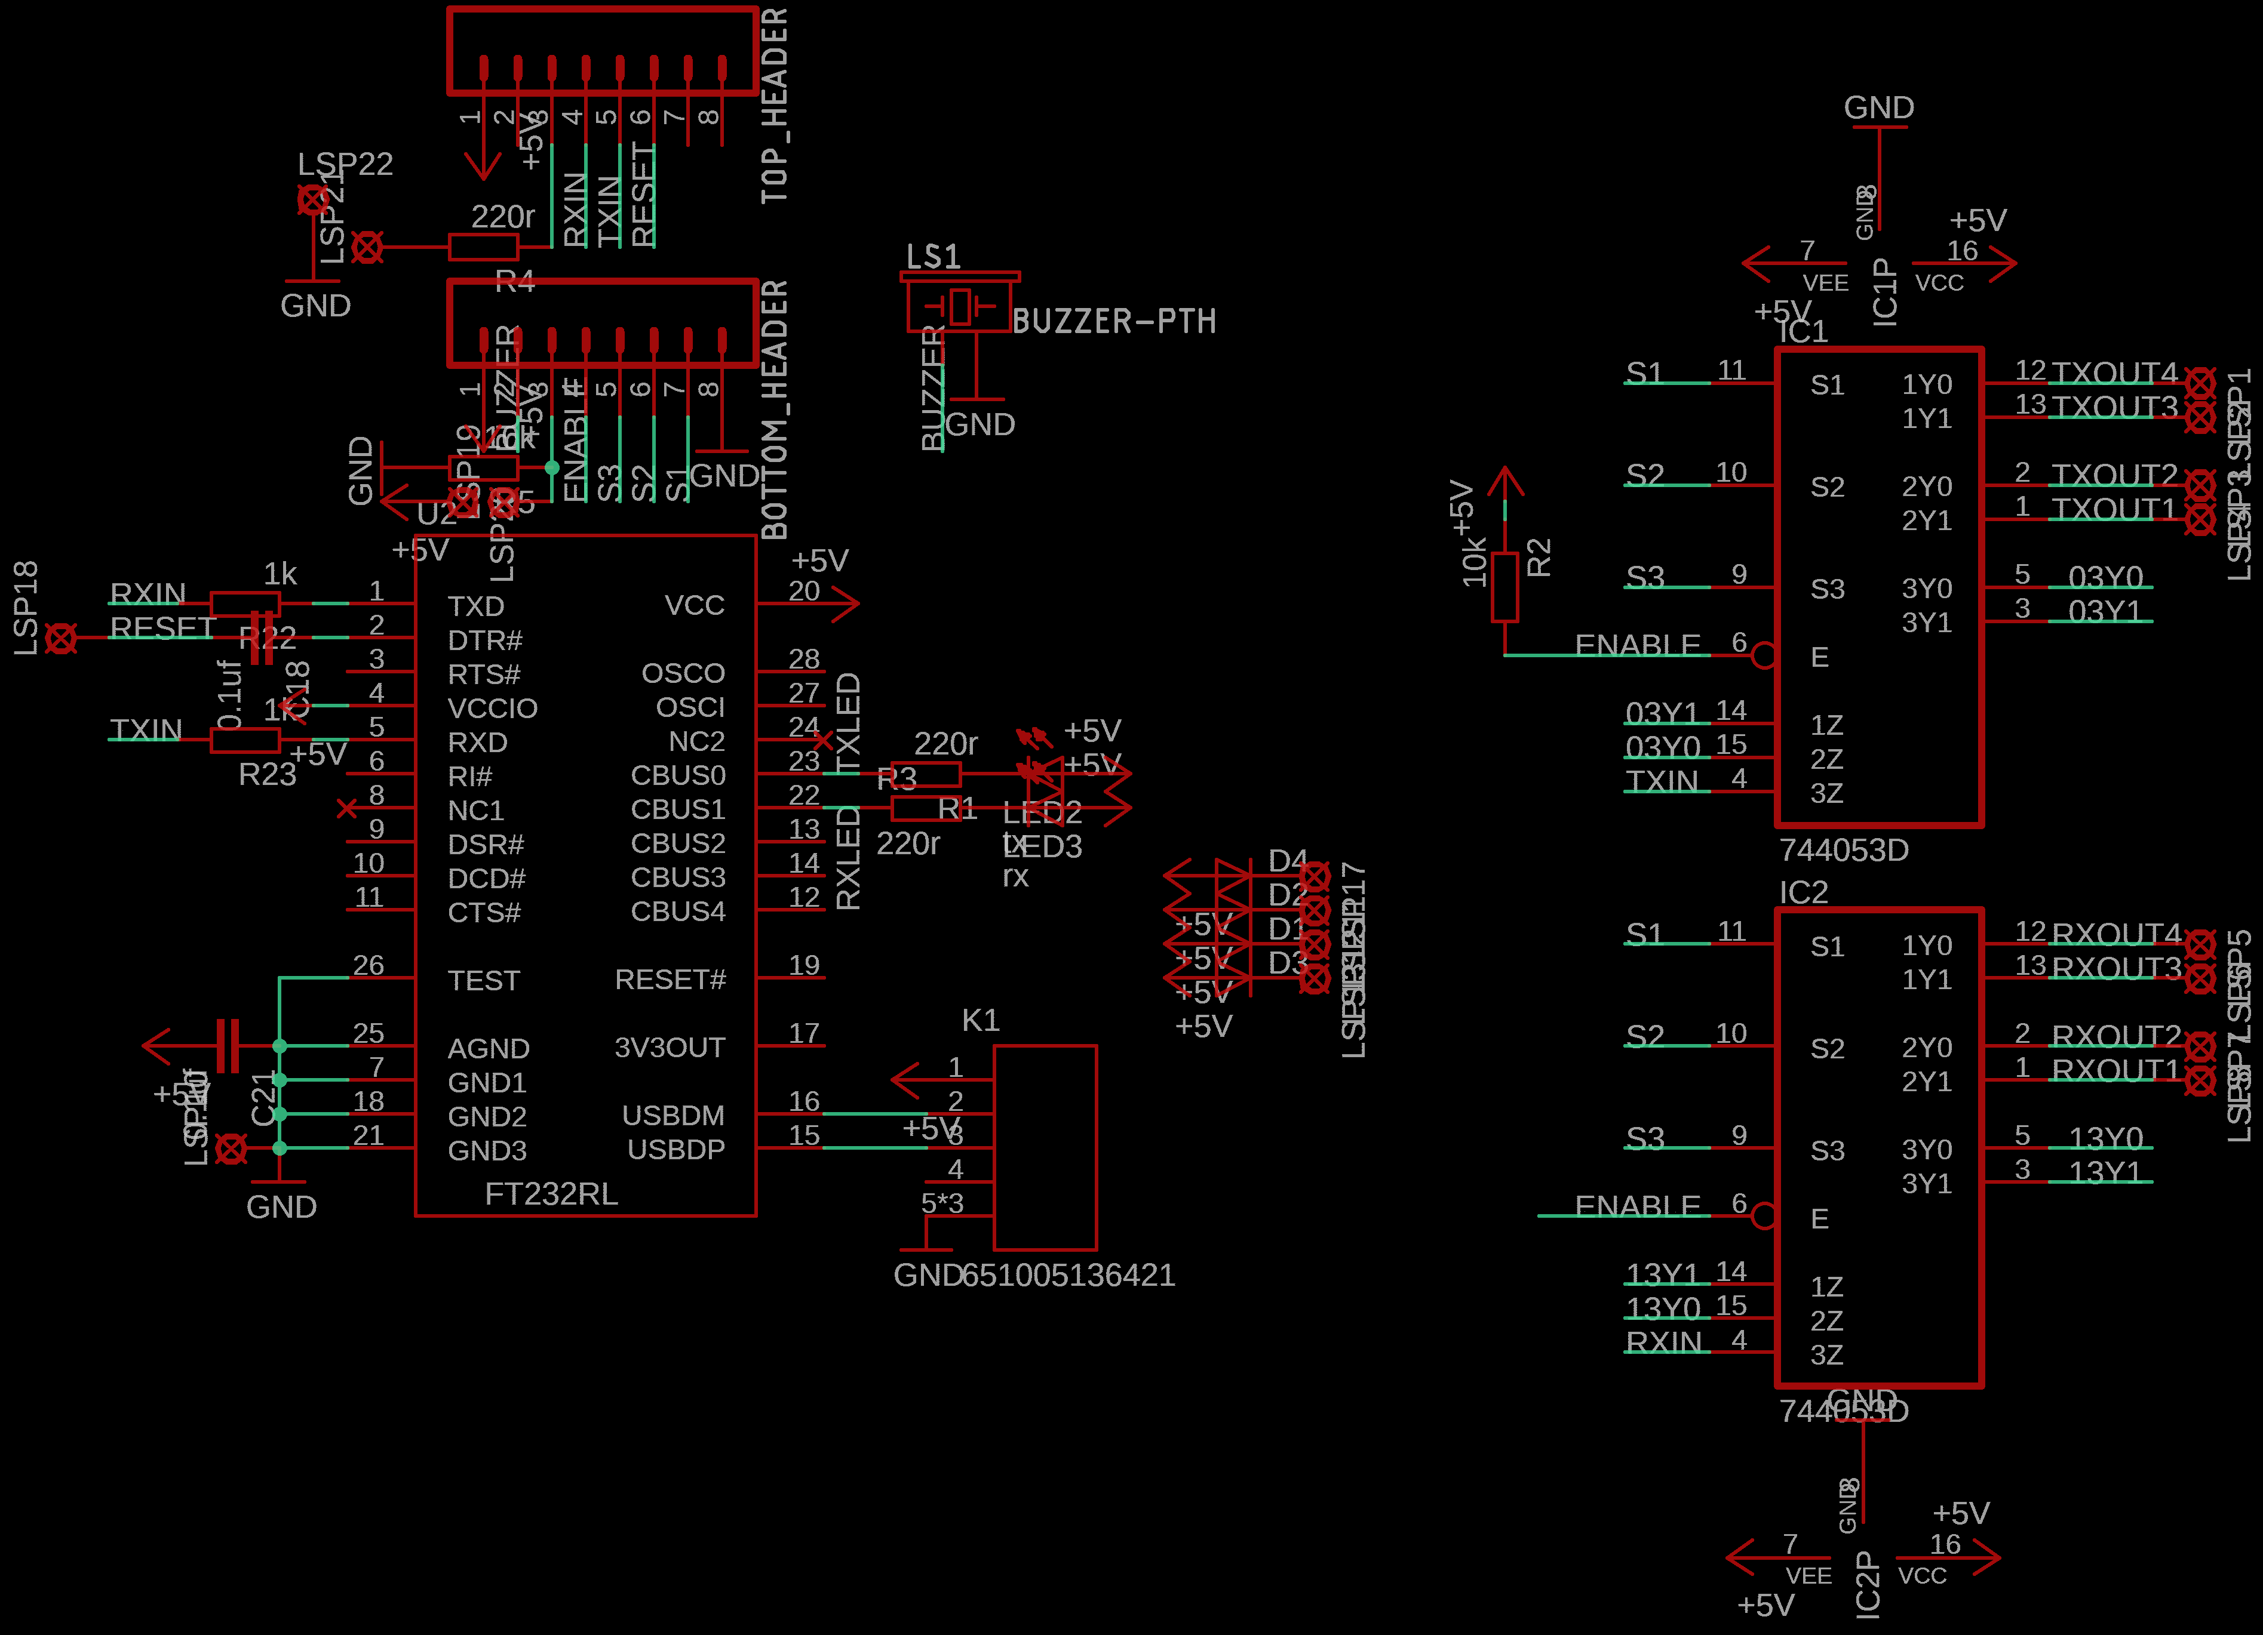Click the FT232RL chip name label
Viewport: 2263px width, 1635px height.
551,1194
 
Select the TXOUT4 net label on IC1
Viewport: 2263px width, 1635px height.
2113,373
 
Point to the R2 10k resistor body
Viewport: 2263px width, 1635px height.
1504,587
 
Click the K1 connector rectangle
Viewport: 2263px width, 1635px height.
1045,1147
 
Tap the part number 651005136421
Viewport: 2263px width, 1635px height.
1068,1275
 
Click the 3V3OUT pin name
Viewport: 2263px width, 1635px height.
670,1048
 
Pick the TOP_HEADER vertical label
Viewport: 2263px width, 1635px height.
775,104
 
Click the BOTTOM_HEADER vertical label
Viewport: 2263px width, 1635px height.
775,409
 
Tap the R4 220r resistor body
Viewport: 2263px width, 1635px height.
483,247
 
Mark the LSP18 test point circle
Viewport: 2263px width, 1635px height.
61,639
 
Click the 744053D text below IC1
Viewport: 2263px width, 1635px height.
1843,850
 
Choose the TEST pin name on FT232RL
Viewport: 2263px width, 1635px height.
483,981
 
